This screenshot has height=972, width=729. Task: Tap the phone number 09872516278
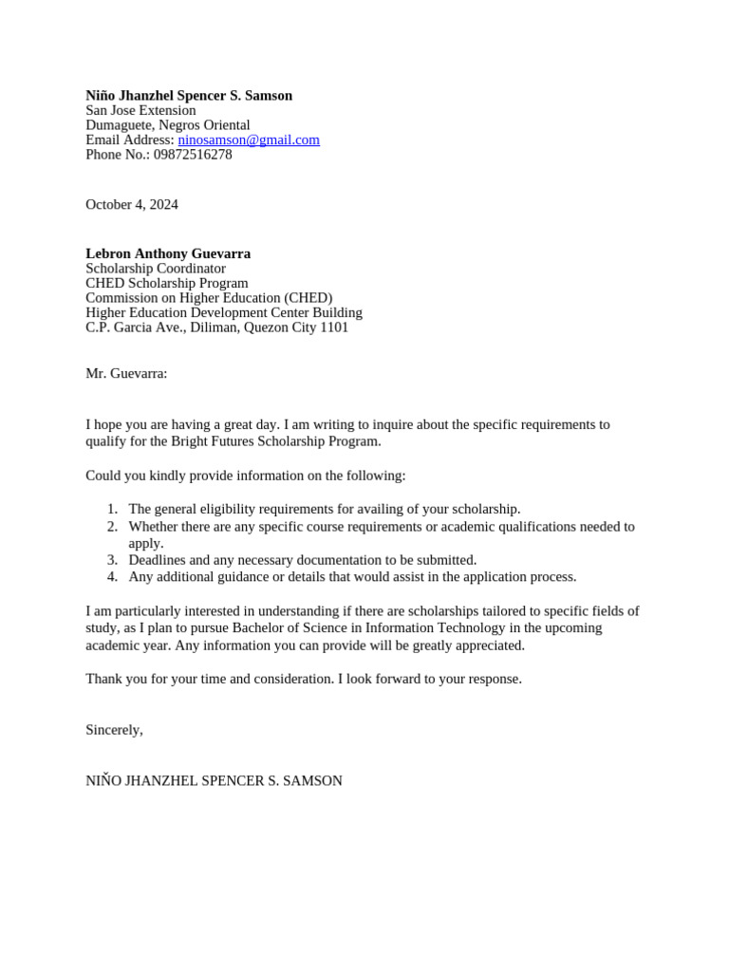tap(193, 155)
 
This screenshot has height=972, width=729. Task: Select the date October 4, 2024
tap(132, 204)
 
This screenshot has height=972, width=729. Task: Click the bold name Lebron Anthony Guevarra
tap(168, 253)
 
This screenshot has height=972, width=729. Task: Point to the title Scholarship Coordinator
tap(156, 269)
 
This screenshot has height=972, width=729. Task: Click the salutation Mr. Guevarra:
tap(126, 373)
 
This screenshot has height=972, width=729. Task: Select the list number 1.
tap(112, 509)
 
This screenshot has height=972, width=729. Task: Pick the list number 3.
tap(112, 560)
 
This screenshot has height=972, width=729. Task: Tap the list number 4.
tap(112, 576)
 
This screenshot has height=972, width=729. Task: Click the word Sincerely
tap(113, 730)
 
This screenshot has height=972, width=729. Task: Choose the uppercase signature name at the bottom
tap(214, 780)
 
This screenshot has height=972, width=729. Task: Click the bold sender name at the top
tap(189, 96)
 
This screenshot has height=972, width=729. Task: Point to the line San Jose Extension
tap(140, 110)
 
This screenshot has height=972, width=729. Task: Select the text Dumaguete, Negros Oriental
tap(168, 125)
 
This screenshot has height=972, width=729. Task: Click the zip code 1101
tap(333, 327)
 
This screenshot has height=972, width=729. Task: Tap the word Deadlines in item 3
tap(158, 560)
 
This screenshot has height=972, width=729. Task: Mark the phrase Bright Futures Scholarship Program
tap(275, 441)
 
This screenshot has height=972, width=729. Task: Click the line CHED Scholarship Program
tap(167, 283)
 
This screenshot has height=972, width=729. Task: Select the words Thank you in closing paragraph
tap(112, 679)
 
